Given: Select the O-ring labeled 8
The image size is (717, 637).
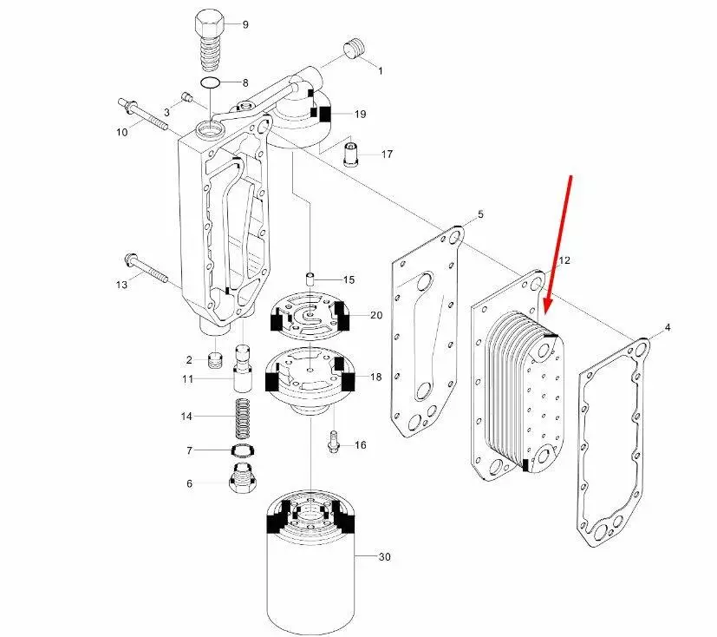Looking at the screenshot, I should pyautogui.click(x=210, y=83).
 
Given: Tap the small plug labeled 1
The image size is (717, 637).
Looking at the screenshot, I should pyautogui.click(x=354, y=49).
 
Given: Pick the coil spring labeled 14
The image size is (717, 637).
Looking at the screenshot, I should pyautogui.click(x=240, y=417).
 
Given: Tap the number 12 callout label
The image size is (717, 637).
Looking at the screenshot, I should pyautogui.click(x=564, y=260).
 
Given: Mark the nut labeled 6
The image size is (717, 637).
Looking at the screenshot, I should pyautogui.click(x=240, y=478).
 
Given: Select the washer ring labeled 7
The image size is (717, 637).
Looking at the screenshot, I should pyautogui.click(x=240, y=450).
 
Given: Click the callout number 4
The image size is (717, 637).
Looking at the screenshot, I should pyautogui.click(x=667, y=327).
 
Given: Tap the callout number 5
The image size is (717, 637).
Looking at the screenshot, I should pyautogui.click(x=481, y=214).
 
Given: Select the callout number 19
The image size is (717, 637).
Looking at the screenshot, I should pyautogui.click(x=360, y=114).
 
